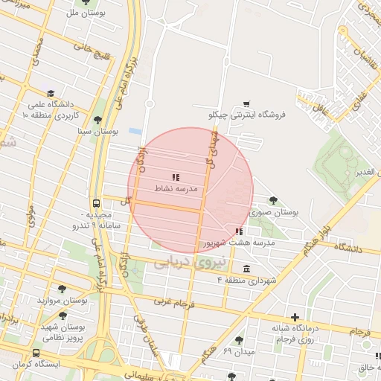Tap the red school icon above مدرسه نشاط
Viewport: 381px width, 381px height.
pyautogui.click(x=176, y=177)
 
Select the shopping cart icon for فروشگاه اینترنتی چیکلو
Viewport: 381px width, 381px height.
pyautogui.click(x=246, y=103)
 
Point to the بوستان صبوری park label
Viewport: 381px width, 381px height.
pyautogui.click(x=275, y=211)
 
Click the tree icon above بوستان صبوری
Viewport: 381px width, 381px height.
pyautogui.click(x=274, y=199)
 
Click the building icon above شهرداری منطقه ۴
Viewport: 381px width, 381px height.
pyautogui.click(x=246, y=268)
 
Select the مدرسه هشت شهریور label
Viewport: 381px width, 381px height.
pyautogui.click(x=240, y=243)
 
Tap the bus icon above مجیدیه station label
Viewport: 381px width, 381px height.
pyautogui.click(x=97, y=202)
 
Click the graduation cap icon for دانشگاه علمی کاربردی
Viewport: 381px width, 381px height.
pyautogui.click(x=51, y=94)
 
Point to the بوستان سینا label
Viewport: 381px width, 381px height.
pyautogui.click(x=100, y=131)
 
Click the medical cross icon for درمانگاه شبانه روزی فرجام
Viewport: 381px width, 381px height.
pyautogui.click(x=295, y=318)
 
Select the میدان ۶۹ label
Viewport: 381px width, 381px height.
pyautogui.click(x=239, y=350)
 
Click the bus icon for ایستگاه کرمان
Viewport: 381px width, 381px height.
pyautogui.click(x=35, y=353)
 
